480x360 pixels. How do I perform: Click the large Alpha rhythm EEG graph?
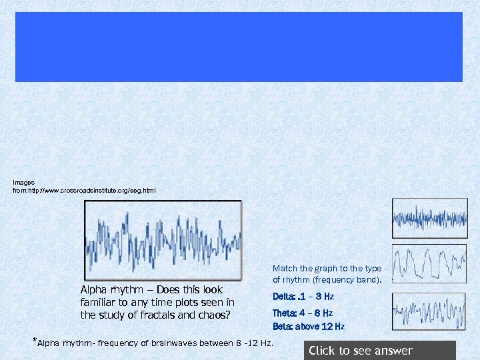[162, 239]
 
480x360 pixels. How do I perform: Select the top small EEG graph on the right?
[429, 218]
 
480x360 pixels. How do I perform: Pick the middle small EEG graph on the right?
[429, 264]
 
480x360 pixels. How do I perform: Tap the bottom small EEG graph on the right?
[429, 311]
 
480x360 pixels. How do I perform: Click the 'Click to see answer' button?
[379, 351]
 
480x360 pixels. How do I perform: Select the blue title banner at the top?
[239, 46]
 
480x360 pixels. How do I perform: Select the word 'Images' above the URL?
[23, 182]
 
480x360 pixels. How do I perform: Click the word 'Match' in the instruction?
[284, 269]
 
